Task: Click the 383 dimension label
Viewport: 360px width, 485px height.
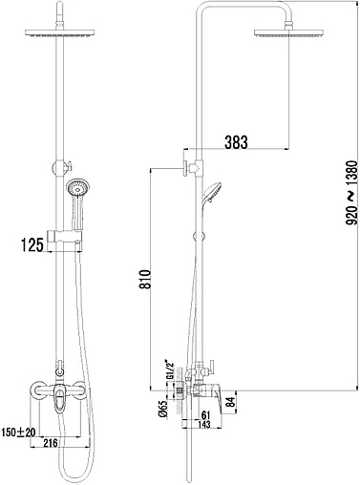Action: click(236, 142)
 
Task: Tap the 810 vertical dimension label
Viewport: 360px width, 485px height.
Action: click(145, 279)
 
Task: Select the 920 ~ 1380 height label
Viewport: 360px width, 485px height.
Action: click(351, 193)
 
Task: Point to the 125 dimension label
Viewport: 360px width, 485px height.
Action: click(32, 245)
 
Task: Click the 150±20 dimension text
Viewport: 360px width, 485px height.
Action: click(19, 432)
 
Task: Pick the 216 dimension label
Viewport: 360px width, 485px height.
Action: click(50, 443)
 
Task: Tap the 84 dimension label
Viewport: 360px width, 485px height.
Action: click(231, 403)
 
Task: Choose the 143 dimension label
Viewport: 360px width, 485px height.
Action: click(203, 424)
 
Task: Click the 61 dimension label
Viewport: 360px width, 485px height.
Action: click(206, 415)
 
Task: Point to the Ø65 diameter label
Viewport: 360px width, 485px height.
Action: click(162, 409)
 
